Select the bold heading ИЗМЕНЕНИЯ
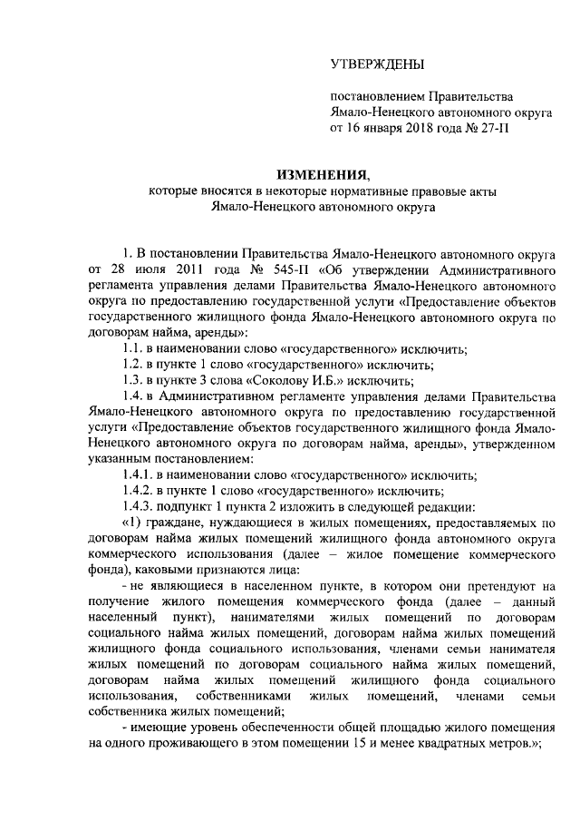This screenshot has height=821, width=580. click(323, 175)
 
